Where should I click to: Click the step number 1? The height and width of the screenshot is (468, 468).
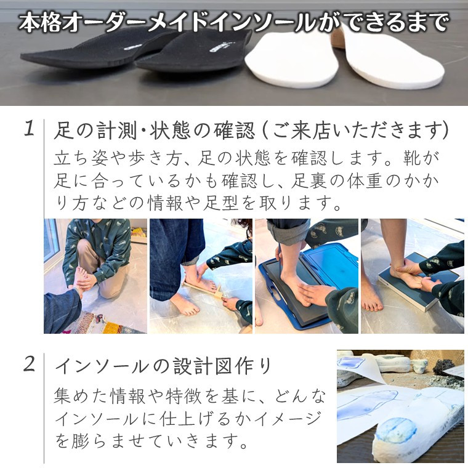pos(29,128)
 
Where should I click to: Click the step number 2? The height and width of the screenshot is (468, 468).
pos(30,364)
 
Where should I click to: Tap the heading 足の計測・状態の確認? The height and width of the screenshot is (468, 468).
pos(155,131)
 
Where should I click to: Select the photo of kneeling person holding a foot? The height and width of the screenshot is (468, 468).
pos(95,276)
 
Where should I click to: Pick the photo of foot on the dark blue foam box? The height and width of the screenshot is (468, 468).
pos(413,276)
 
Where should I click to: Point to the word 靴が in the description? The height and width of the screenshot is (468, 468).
pos(421,158)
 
